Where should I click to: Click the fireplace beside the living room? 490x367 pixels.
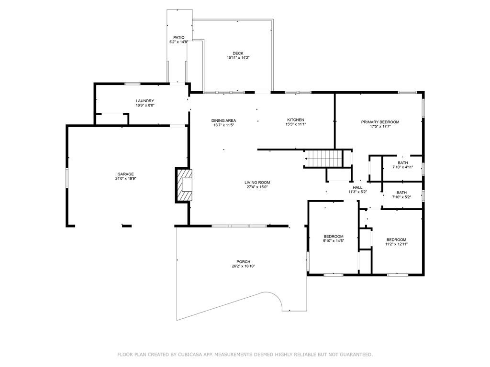[183, 185]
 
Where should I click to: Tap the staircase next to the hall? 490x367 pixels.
[324, 159]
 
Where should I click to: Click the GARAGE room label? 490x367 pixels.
[126, 174]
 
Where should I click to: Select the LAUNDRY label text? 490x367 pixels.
[145, 101]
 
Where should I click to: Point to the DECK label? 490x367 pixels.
[238, 54]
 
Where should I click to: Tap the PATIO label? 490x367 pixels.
[179, 37]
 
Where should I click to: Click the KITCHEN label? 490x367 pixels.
[296, 120]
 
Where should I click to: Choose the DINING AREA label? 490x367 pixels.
[224, 120]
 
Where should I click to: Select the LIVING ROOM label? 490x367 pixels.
[257, 183]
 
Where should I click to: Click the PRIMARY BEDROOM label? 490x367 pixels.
[380, 122]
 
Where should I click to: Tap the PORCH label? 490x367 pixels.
[244, 262]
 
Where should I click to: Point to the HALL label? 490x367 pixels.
[358, 187]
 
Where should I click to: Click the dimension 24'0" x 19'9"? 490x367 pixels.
[126, 179]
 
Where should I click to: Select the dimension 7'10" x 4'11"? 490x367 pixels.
[403, 167]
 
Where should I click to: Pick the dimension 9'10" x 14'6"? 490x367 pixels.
[334, 241]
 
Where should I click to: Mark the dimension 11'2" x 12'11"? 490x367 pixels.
[397, 244]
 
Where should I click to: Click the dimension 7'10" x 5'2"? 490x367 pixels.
[401, 197]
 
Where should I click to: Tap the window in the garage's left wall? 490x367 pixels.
[67, 178]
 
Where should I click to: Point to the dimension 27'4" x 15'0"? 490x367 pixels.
[257, 187]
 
